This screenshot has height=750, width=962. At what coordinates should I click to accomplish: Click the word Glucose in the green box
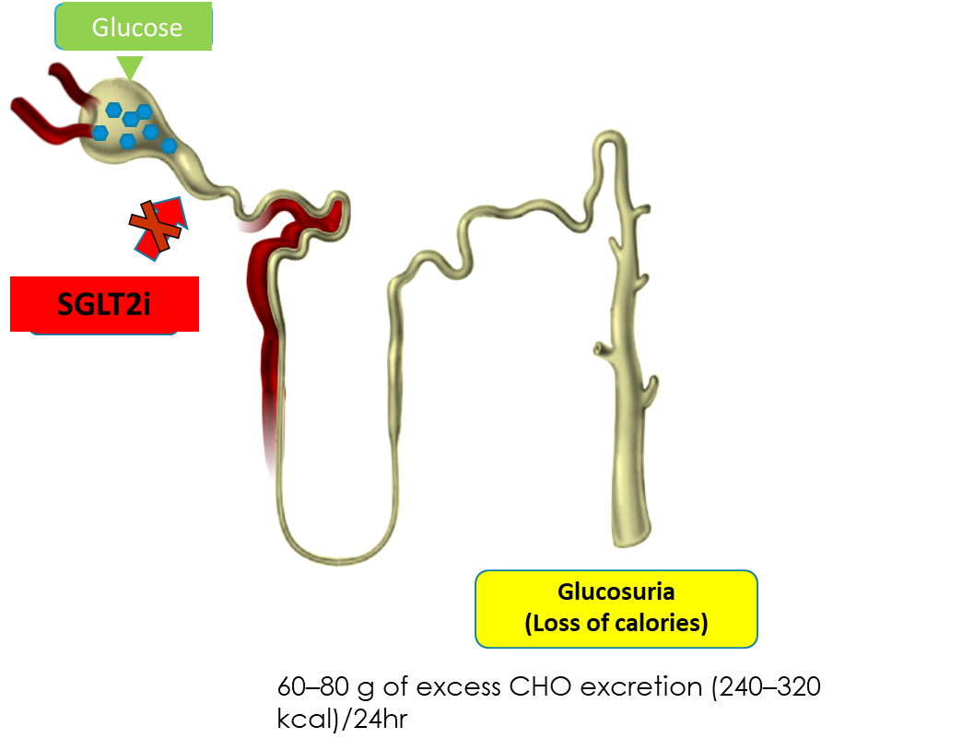point(136,28)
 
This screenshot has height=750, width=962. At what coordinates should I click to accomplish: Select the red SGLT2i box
point(104,303)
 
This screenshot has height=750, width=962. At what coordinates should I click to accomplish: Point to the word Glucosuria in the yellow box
point(616,592)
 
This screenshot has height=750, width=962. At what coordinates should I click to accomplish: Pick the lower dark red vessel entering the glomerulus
point(46,120)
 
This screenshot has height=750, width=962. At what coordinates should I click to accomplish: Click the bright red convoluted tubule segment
point(304,217)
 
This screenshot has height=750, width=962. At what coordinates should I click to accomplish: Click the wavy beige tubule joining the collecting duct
point(498,221)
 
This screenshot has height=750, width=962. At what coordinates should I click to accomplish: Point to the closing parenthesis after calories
point(703,623)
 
